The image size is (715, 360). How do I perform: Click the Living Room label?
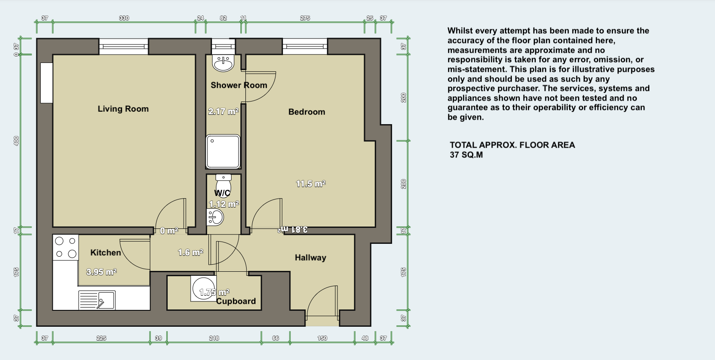point(123,109)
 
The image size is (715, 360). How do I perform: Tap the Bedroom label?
point(306,112)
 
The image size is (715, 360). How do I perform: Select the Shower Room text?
point(239,85)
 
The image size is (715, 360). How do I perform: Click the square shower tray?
point(223,151)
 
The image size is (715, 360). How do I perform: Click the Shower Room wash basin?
point(223,63)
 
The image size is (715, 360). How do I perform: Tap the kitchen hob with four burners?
point(65,247)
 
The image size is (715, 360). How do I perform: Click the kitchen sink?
point(97,300)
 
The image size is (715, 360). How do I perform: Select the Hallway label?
point(310,258)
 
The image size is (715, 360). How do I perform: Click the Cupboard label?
point(236,301)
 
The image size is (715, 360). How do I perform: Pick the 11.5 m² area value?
point(310,184)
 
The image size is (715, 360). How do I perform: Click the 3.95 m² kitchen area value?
point(101,272)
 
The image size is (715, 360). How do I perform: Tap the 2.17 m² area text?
point(223,112)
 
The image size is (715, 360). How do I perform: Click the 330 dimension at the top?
point(124,18)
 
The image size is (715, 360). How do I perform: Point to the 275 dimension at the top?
point(305,18)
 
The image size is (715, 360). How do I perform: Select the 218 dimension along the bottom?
point(214,338)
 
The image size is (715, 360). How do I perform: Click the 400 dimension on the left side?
point(16,141)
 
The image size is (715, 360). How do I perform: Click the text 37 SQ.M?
point(466,155)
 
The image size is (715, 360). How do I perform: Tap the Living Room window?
point(123,46)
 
